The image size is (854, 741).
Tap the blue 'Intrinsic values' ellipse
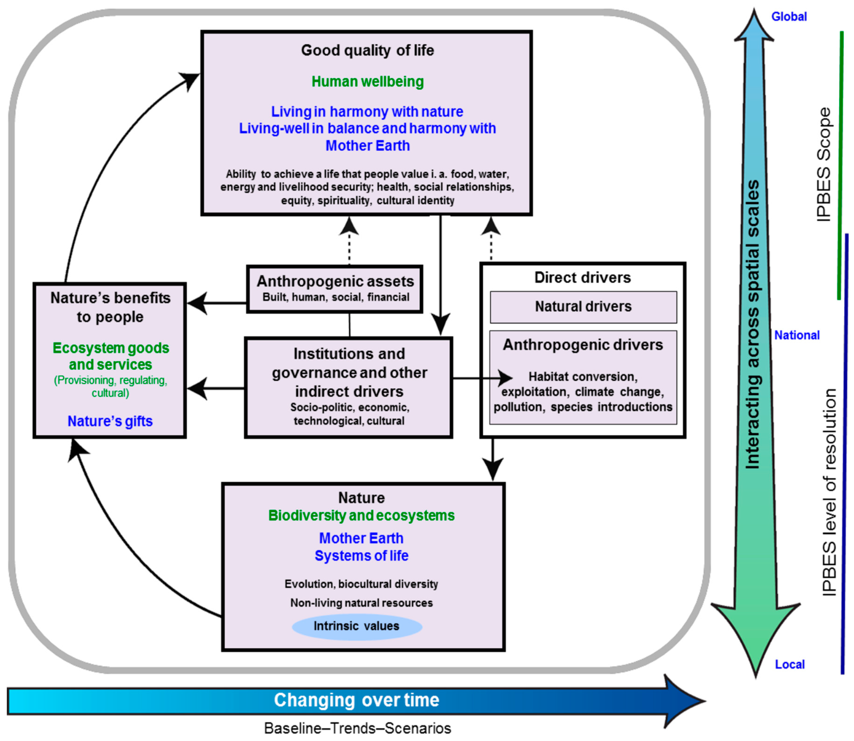(357, 626)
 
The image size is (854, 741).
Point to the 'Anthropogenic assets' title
(335, 281)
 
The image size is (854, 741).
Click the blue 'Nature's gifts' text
(110, 421)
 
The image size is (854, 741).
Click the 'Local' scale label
(789, 665)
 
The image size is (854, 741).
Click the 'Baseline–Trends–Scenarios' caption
(357, 728)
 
